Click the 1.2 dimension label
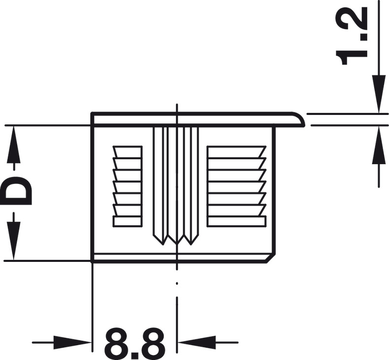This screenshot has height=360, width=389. point(353,36)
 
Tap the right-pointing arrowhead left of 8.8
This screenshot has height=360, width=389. point(74,342)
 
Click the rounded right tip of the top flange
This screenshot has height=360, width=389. point(300,119)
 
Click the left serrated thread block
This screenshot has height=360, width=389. point(127,186)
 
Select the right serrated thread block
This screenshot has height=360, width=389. point(236,186)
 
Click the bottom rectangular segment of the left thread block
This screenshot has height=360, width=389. point(127,221)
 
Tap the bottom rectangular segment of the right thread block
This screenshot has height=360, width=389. point(236,221)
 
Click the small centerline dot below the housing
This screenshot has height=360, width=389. point(176,284)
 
